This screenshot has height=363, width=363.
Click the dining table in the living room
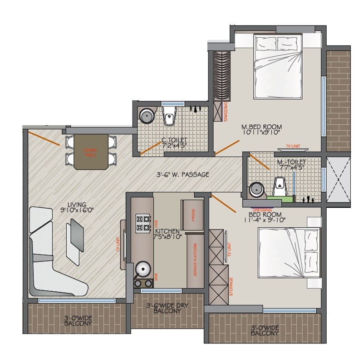(89, 152)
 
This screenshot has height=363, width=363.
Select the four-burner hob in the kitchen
(143, 223)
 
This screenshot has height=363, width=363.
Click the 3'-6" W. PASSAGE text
(182, 174)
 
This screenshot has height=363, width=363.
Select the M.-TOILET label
(291, 164)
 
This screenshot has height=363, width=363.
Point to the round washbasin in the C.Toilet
(147, 116)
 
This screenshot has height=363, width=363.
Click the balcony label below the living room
(77, 321)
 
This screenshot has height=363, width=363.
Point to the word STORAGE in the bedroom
(231, 286)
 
